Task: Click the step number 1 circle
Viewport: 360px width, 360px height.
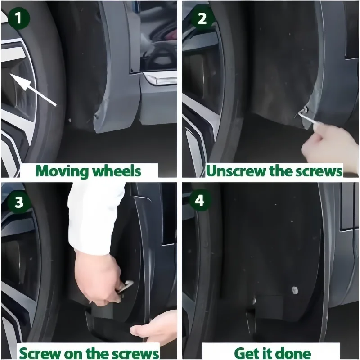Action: tap(18, 18)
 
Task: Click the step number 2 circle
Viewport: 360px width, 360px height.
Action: tap(202, 18)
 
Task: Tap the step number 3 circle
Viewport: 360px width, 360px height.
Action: tap(19, 202)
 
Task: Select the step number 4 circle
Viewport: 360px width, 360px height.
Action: tap(199, 200)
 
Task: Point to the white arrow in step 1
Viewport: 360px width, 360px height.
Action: tap(33, 90)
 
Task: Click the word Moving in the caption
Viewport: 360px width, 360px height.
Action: tap(62, 171)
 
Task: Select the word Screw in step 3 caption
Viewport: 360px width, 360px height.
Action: tap(40, 353)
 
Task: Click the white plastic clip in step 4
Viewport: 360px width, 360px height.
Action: tap(294, 290)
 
